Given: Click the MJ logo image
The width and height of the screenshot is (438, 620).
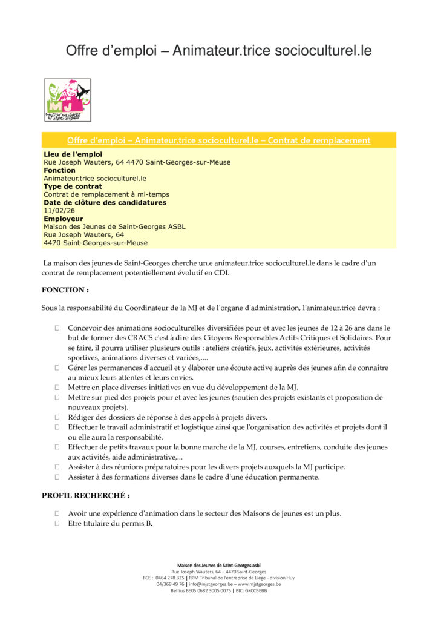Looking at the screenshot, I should pyautogui.click(x=68, y=100).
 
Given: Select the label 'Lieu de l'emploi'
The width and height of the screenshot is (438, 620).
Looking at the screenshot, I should pyautogui.click(x=73, y=154).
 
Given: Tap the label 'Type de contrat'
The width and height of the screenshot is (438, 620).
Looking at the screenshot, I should pyautogui.click(x=73, y=186).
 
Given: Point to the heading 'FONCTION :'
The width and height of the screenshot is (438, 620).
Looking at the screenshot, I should pyautogui.click(x=65, y=290).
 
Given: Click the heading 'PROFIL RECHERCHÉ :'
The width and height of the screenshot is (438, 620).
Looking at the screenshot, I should pyautogui.click(x=85, y=495).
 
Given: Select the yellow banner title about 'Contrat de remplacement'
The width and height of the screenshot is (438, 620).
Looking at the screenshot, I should pyautogui.click(x=218, y=140).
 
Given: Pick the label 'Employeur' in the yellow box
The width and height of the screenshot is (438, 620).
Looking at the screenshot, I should pyautogui.click(x=63, y=219).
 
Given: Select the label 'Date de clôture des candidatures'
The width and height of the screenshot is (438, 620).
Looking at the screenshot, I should pyautogui.click(x=105, y=203).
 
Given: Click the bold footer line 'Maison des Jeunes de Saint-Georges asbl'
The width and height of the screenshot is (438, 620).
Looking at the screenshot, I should pyautogui.click(x=218, y=564).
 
